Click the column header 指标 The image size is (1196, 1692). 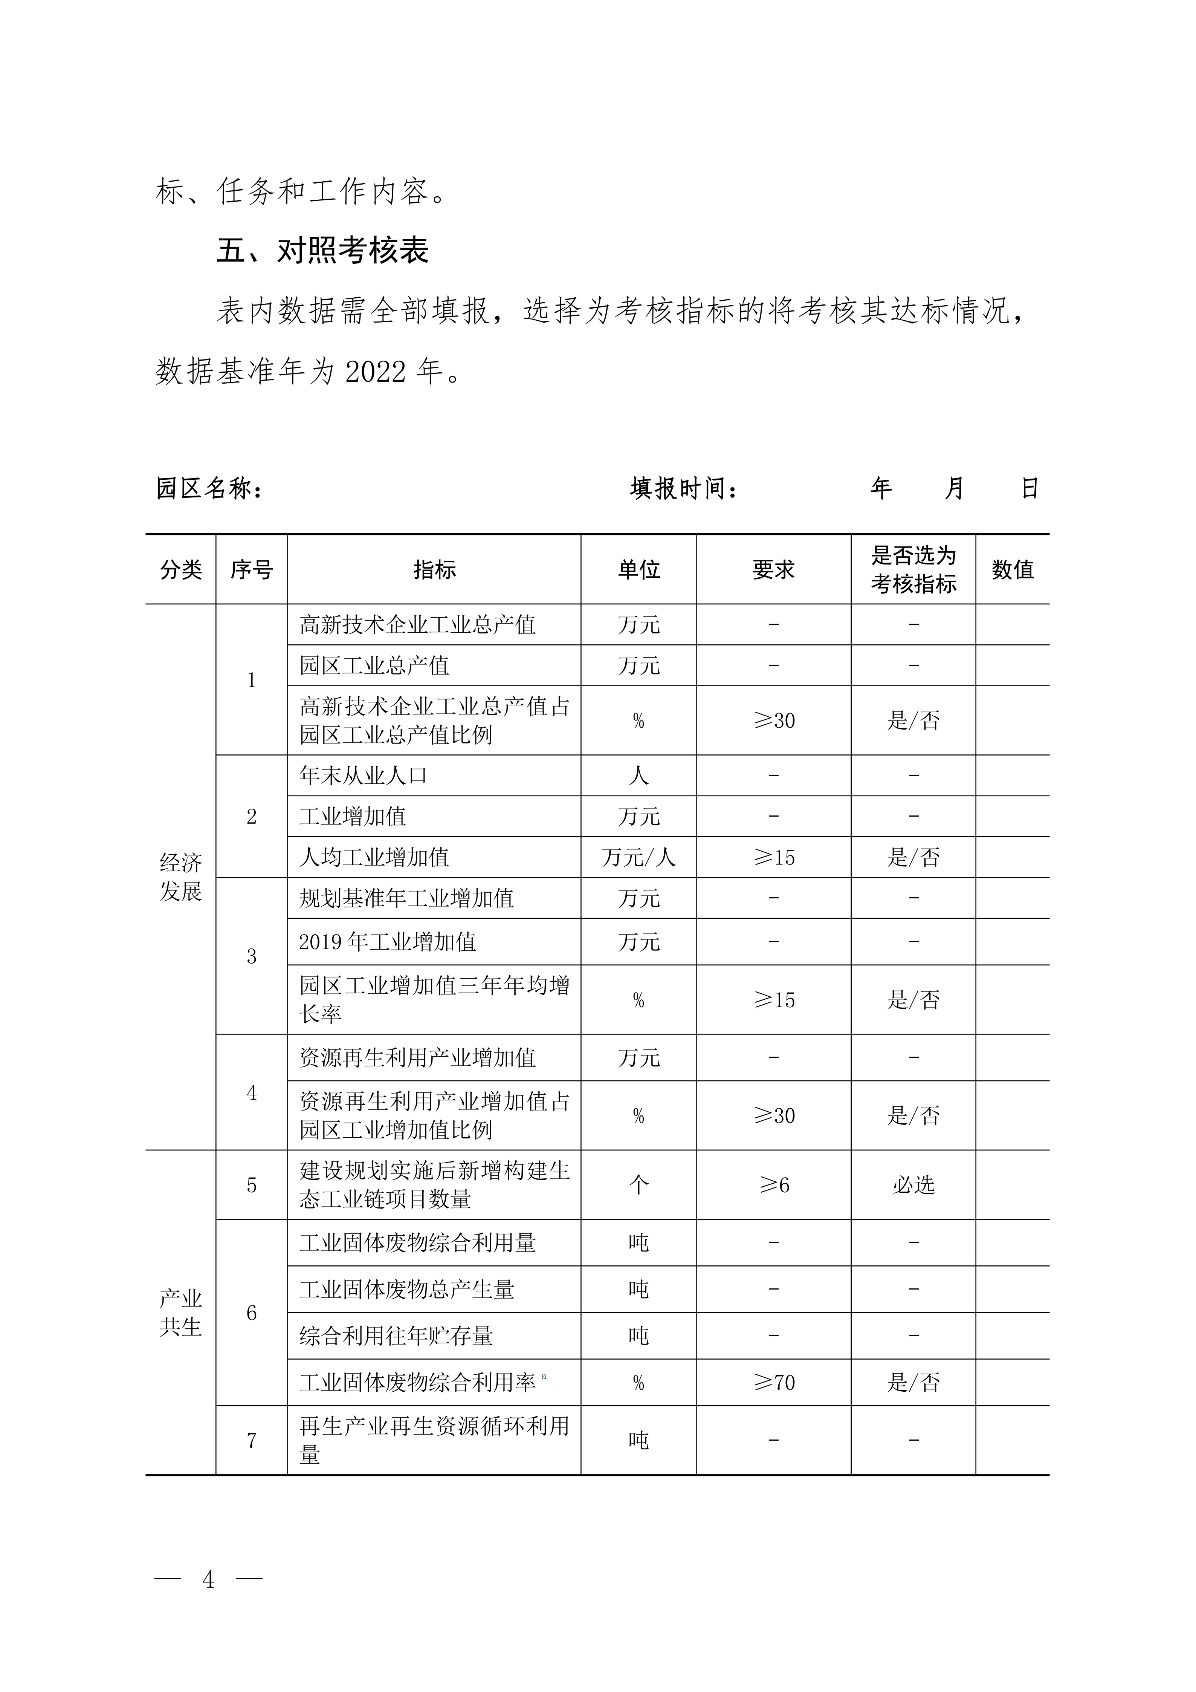(x=434, y=570)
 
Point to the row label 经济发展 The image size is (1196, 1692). (x=180, y=877)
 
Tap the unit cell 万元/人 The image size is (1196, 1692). (x=638, y=857)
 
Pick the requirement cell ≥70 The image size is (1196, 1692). (x=773, y=1383)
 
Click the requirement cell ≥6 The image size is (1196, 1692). (x=773, y=1185)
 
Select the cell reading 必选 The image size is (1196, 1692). (x=913, y=1185)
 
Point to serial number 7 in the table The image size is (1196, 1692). (x=251, y=1441)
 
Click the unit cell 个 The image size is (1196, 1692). (x=638, y=1185)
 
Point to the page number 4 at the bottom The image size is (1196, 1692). (x=208, y=1579)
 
